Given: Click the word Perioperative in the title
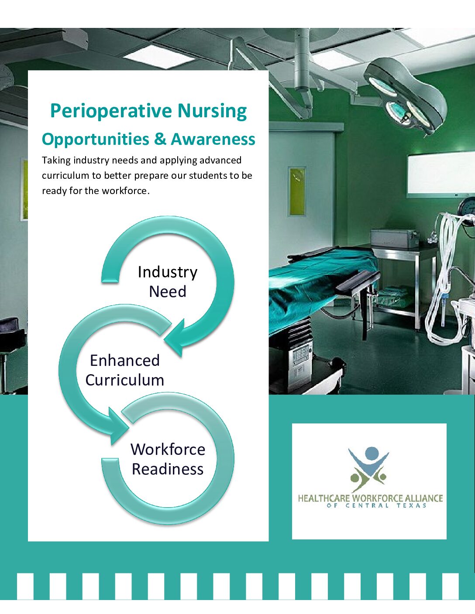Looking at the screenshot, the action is click(x=110, y=112).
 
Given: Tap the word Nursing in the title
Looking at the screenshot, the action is click(x=212, y=112).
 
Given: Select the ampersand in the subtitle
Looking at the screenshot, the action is click(x=160, y=139).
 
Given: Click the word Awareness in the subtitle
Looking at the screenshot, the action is click(x=213, y=139).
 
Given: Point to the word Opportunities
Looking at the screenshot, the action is click(x=95, y=140).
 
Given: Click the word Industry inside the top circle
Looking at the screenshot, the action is click(x=168, y=273).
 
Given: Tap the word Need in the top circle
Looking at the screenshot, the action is click(x=168, y=291).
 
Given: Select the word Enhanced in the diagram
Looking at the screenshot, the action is click(x=125, y=361).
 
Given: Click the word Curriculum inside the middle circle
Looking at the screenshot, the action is click(x=125, y=380).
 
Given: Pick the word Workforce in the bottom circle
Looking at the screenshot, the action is click(x=168, y=449).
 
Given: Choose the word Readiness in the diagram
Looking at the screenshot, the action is click(x=168, y=469).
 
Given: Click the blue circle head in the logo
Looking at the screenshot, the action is click(x=372, y=454).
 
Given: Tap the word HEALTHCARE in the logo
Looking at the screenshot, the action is click(x=324, y=498).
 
